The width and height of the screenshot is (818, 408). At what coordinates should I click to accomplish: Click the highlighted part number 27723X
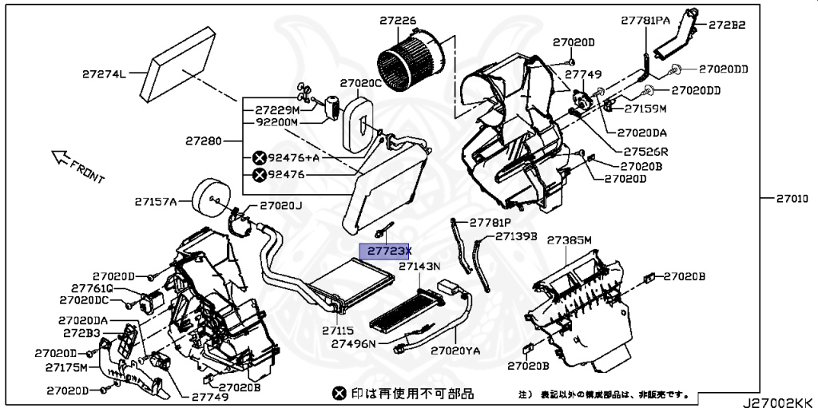[386, 251]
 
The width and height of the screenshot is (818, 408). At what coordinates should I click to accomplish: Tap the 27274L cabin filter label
[104, 75]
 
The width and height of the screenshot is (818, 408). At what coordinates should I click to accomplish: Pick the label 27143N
[419, 266]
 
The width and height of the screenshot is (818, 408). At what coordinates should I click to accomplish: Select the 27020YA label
[455, 350]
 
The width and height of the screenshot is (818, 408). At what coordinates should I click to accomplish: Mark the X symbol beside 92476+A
[260, 158]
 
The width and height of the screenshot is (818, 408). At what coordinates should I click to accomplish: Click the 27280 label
[204, 140]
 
